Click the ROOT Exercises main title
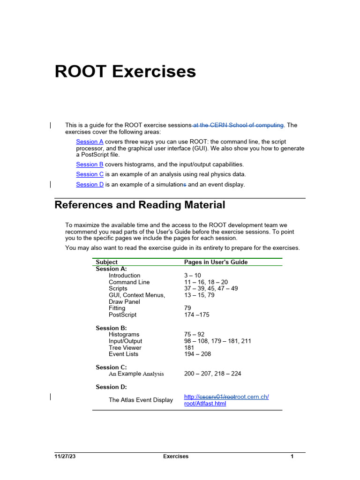[x=125, y=72]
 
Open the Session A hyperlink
[x=90, y=142]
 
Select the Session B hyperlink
[x=90, y=165]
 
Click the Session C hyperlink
[x=90, y=174]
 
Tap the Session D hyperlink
[x=90, y=185]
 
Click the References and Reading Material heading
[x=140, y=205]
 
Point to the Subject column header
[x=106, y=262]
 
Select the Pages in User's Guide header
[x=216, y=262]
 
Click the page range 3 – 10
[x=192, y=276]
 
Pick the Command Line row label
[x=129, y=282]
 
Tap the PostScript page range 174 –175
[x=196, y=315]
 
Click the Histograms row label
[x=124, y=335]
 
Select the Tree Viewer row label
[x=125, y=348]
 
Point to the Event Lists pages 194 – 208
[x=197, y=354]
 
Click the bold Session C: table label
[x=111, y=367]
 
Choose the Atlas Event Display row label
[x=141, y=400]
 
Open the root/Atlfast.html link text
[x=205, y=404]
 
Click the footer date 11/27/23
[x=64, y=457]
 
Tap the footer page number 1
[x=292, y=457]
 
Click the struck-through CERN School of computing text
[x=239, y=125]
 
